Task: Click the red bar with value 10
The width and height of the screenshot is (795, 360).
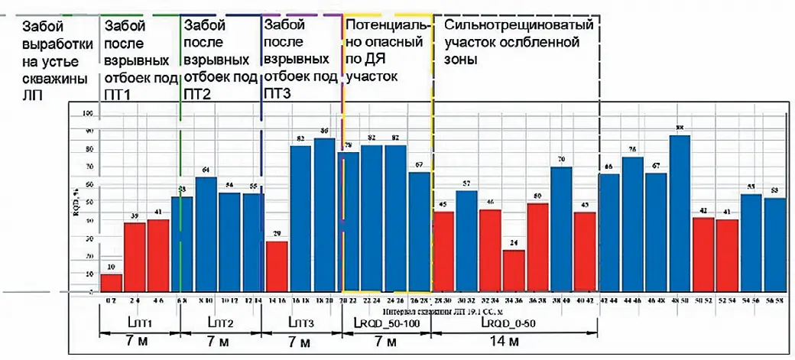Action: click(112, 284)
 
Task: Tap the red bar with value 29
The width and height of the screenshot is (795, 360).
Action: click(277, 268)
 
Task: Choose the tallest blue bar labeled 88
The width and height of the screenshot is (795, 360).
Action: click(680, 215)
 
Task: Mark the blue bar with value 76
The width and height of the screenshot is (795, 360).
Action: click(632, 225)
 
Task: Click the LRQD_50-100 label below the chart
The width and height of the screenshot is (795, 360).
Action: click(385, 324)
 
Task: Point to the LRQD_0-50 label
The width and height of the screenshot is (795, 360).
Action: click(513, 324)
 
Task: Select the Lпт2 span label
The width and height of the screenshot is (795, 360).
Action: click(220, 324)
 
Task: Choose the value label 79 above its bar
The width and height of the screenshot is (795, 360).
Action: click(348, 145)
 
